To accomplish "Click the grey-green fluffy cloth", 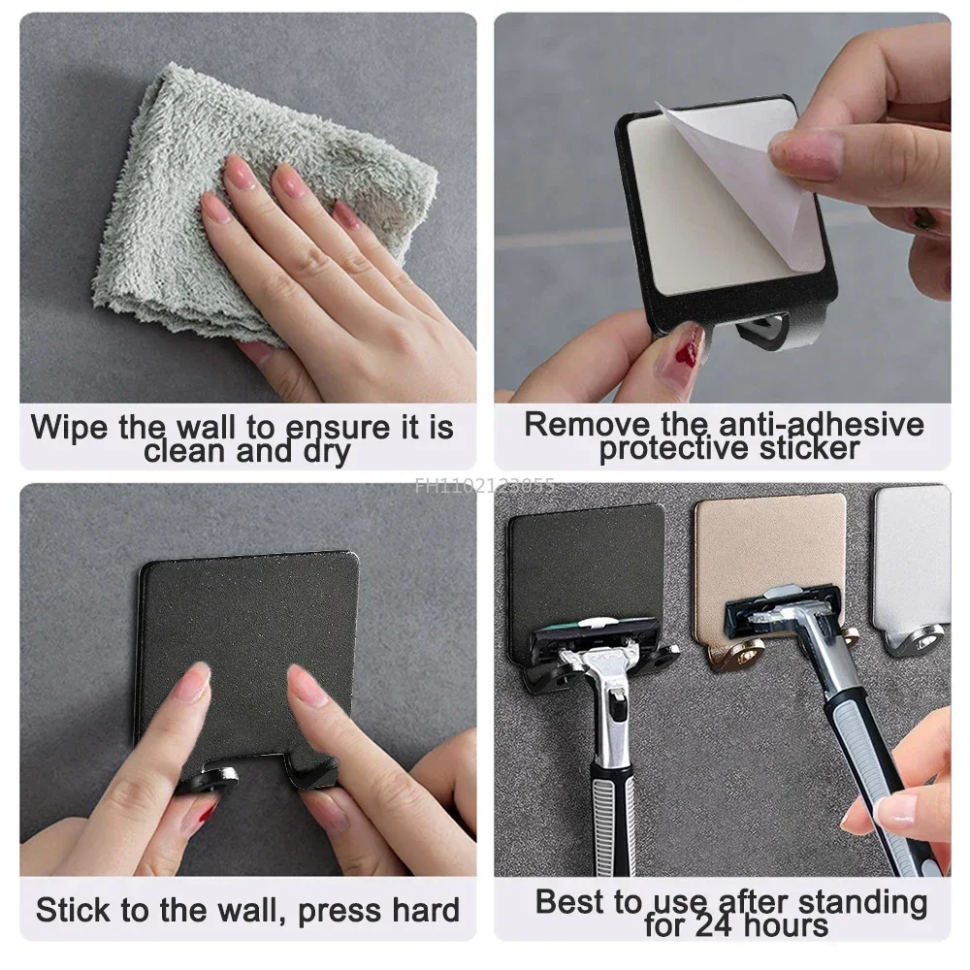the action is point(165,175).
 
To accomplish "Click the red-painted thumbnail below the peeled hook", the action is point(687,346).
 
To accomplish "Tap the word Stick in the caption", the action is point(74,910).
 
